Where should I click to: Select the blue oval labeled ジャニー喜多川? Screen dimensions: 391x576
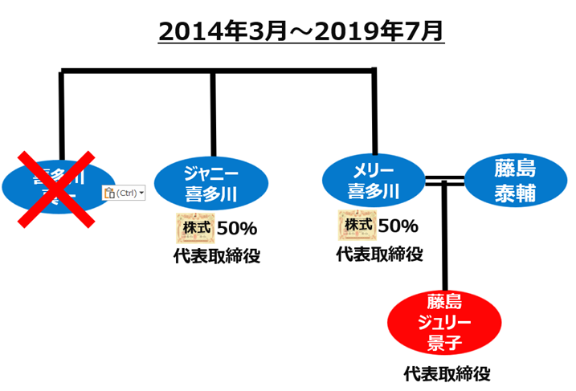tap(213, 184)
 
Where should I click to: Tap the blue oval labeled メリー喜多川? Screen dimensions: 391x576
tap(374, 181)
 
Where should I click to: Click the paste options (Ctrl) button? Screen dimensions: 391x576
tap(125, 193)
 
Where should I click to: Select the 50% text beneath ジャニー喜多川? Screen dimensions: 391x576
tap(238, 228)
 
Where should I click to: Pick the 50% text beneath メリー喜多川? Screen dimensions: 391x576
tap(398, 226)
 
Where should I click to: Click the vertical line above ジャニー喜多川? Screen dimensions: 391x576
tap(213, 112)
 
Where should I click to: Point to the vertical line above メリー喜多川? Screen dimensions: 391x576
tap(374, 112)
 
